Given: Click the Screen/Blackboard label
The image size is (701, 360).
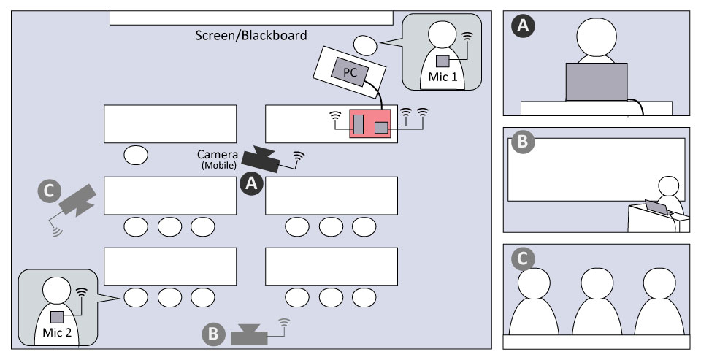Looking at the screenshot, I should (251, 34).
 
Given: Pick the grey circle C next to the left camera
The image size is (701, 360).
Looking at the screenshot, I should (49, 191).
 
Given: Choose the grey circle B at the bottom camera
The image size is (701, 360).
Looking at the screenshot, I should (212, 335).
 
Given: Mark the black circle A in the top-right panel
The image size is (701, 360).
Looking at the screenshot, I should (522, 27).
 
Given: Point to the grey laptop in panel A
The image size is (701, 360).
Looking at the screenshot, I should (597, 81).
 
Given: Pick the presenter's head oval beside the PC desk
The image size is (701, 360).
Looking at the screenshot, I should (366, 46).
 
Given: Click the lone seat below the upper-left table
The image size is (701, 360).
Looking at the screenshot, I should (136, 155).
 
